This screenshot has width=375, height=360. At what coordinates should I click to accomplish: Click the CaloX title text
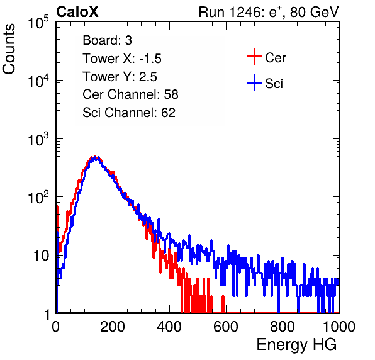(x=77, y=12)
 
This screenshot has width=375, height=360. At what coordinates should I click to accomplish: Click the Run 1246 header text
(x=269, y=12)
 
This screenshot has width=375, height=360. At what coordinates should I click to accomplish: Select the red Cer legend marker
(x=254, y=57)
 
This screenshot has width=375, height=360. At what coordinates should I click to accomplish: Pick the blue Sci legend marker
(x=254, y=83)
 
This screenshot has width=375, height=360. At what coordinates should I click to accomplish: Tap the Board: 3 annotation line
(x=107, y=40)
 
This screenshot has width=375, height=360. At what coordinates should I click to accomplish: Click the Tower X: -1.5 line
(x=122, y=59)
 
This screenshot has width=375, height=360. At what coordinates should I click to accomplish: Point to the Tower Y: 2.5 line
(x=120, y=77)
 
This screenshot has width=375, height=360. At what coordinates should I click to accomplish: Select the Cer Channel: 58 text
(x=130, y=94)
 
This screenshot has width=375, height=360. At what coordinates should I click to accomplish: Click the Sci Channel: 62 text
(x=129, y=113)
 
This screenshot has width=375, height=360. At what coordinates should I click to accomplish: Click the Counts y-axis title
(x=9, y=49)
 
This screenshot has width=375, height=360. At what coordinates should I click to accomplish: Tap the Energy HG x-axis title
(x=296, y=345)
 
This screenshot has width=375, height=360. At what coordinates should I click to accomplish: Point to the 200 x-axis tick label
(x=113, y=327)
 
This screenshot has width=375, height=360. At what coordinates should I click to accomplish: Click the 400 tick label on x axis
(x=169, y=327)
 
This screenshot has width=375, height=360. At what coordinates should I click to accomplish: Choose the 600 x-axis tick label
(x=226, y=327)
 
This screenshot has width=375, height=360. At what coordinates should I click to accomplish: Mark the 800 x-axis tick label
(x=283, y=327)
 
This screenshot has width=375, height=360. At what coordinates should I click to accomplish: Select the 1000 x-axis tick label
(x=339, y=327)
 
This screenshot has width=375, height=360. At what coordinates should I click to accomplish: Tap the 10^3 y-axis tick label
(x=38, y=139)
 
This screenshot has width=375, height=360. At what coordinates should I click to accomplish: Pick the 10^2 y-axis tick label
(x=38, y=198)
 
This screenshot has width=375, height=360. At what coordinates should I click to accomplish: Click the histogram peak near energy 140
(x=95, y=158)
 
